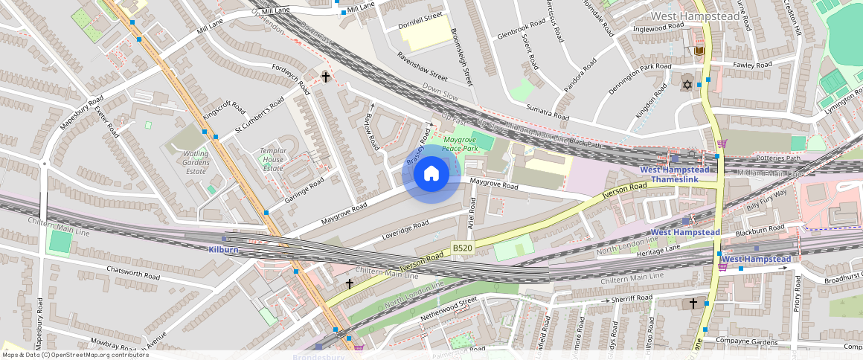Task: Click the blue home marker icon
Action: pos(431,174)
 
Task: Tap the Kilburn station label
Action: pos(223,250)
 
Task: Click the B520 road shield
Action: pos(462,248)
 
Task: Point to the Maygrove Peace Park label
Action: pos(460,144)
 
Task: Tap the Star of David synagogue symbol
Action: pos(687,86)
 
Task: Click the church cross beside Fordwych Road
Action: pos(325,77)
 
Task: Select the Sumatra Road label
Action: pos(548,113)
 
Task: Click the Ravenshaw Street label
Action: pos(422,67)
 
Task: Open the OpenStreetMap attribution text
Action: pos(74,355)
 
